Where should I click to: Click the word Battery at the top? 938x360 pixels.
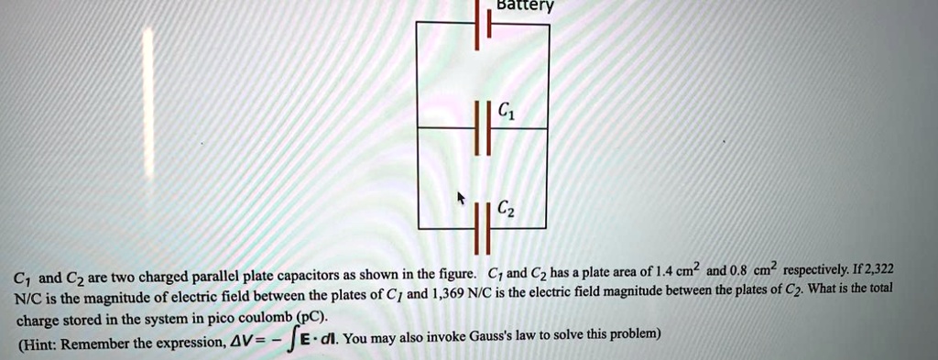[x=524, y=5]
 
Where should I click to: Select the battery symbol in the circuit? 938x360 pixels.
[x=483, y=25]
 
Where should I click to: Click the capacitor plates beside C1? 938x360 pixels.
[x=483, y=129]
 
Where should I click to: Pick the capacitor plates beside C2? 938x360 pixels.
[x=483, y=226]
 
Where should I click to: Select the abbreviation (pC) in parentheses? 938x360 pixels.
[x=311, y=318]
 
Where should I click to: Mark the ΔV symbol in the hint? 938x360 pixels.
[x=239, y=343]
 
